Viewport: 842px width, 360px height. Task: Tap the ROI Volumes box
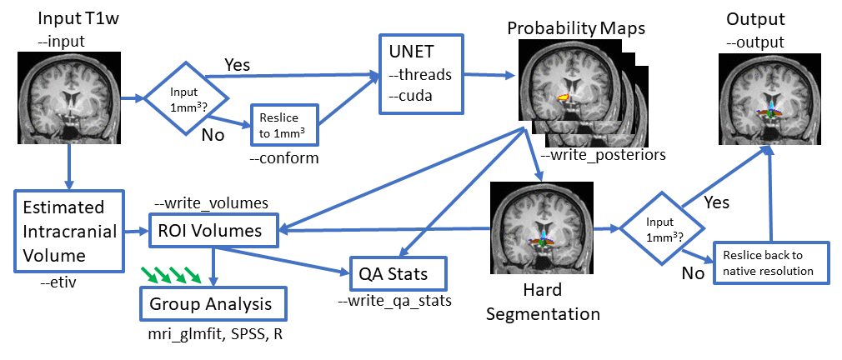(x=213, y=231)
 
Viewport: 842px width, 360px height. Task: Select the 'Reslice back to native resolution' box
(x=773, y=263)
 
